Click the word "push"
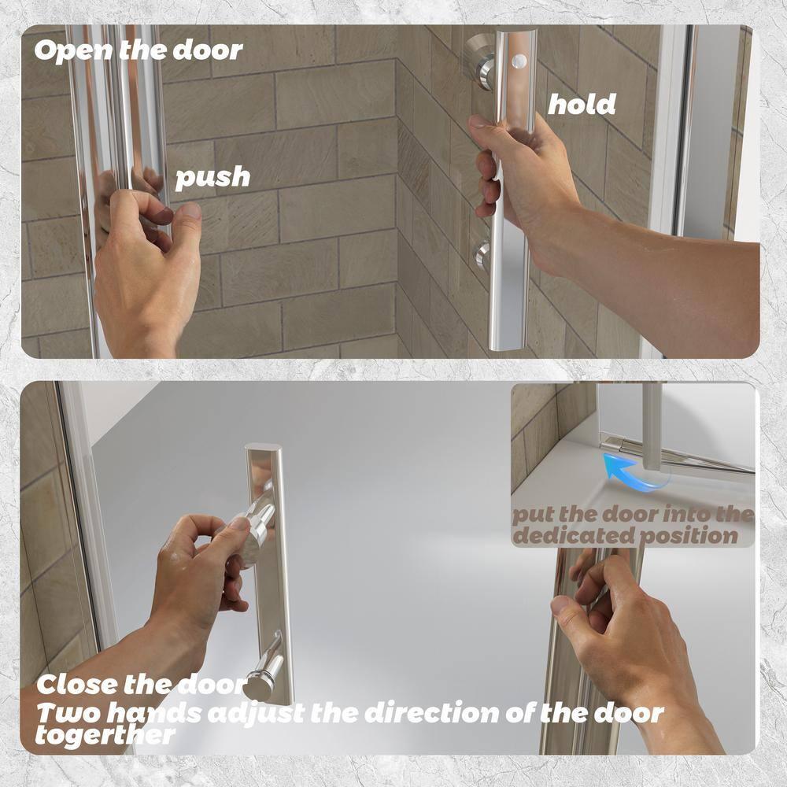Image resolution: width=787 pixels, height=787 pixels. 212,177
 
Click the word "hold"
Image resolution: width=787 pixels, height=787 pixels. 582,104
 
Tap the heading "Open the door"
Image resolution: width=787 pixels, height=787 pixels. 139,50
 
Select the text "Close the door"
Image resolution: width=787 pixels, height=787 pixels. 142,684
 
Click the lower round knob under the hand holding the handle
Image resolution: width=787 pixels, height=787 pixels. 482,256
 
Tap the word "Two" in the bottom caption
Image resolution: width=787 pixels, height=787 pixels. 65,714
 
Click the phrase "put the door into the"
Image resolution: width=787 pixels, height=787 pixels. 633,515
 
